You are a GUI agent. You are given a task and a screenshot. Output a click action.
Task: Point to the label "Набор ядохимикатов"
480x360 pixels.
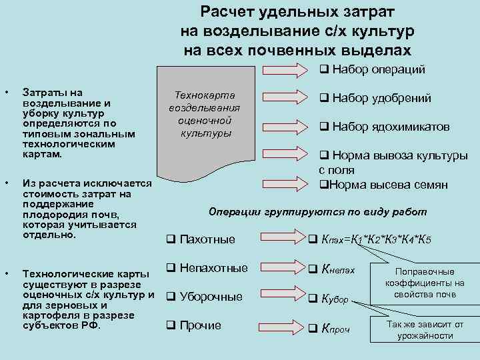[384, 127]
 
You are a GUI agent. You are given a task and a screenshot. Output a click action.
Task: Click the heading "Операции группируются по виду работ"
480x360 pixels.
[317, 212]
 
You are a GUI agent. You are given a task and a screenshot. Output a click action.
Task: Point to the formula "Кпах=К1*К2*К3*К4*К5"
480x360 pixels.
[373, 239]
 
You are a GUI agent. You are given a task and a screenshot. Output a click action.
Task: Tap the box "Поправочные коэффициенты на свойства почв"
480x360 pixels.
[425, 283]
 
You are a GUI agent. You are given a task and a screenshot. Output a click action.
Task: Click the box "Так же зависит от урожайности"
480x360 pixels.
[425, 329]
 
